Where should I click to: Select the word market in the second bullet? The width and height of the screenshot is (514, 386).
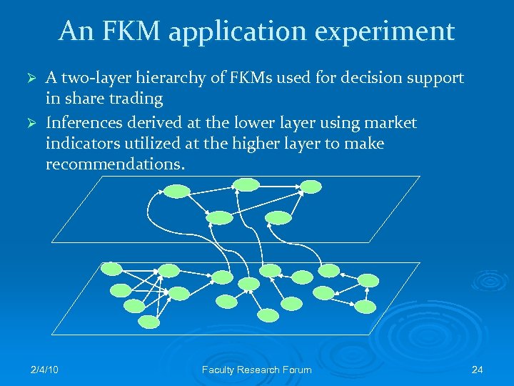pyautogui.click(x=390, y=123)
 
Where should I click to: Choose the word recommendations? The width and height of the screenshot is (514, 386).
pyautogui.click(x=115, y=164)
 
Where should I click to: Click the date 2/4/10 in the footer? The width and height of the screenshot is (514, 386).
pyautogui.click(x=44, y=370)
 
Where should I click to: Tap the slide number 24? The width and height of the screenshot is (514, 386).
pyautogui.click(x=478, y=370)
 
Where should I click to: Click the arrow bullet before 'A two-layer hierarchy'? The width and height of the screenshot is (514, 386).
pyautogui.click(x=30, y=78)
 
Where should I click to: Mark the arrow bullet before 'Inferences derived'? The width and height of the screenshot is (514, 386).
pyautogui.click(x=30, y=123)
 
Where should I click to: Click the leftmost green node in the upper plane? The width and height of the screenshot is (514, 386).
pyautogui.click(x=176, y=191)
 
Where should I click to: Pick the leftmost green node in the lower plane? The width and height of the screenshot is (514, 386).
pyautogui.click(x=111, y=269)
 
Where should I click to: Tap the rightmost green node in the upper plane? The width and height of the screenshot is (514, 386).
pyautogui.click(x=311, y=187)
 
